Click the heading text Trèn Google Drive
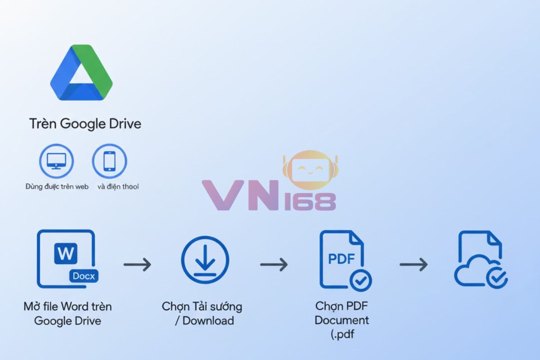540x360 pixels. pyautogui.click(x=85, y=124)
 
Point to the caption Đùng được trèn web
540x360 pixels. pyautogui.click(x=57, y=186)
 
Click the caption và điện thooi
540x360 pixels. pyautogui.click(x=118, y=186)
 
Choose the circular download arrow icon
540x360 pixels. pyautogui.click(x=205, y=260)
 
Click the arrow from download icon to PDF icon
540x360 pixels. pyautogui.click(x=274, y=264)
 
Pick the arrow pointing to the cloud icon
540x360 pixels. pyautogui.click(x=413, y=264)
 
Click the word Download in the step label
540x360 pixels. pyautogui.click(x=208, y=321)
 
